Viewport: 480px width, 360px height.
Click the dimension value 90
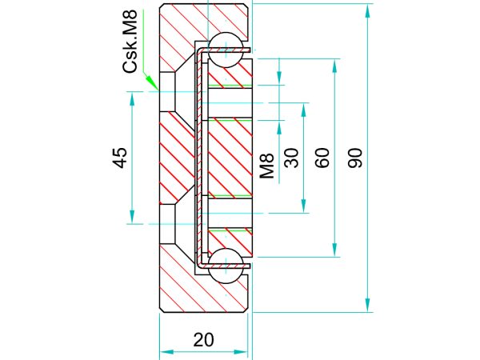click(x=355, y=158)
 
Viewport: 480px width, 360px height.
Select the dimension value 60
click(x=322, y=158)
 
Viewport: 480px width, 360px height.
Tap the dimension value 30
click(x=291, y=158)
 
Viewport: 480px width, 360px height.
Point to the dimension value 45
click(x=119, y=158)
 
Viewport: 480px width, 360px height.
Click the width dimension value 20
click(x=203, y=340)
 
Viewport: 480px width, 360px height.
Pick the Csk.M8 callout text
click(x=130, y=41)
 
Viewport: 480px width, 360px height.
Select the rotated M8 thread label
click(x=266, y=166)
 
